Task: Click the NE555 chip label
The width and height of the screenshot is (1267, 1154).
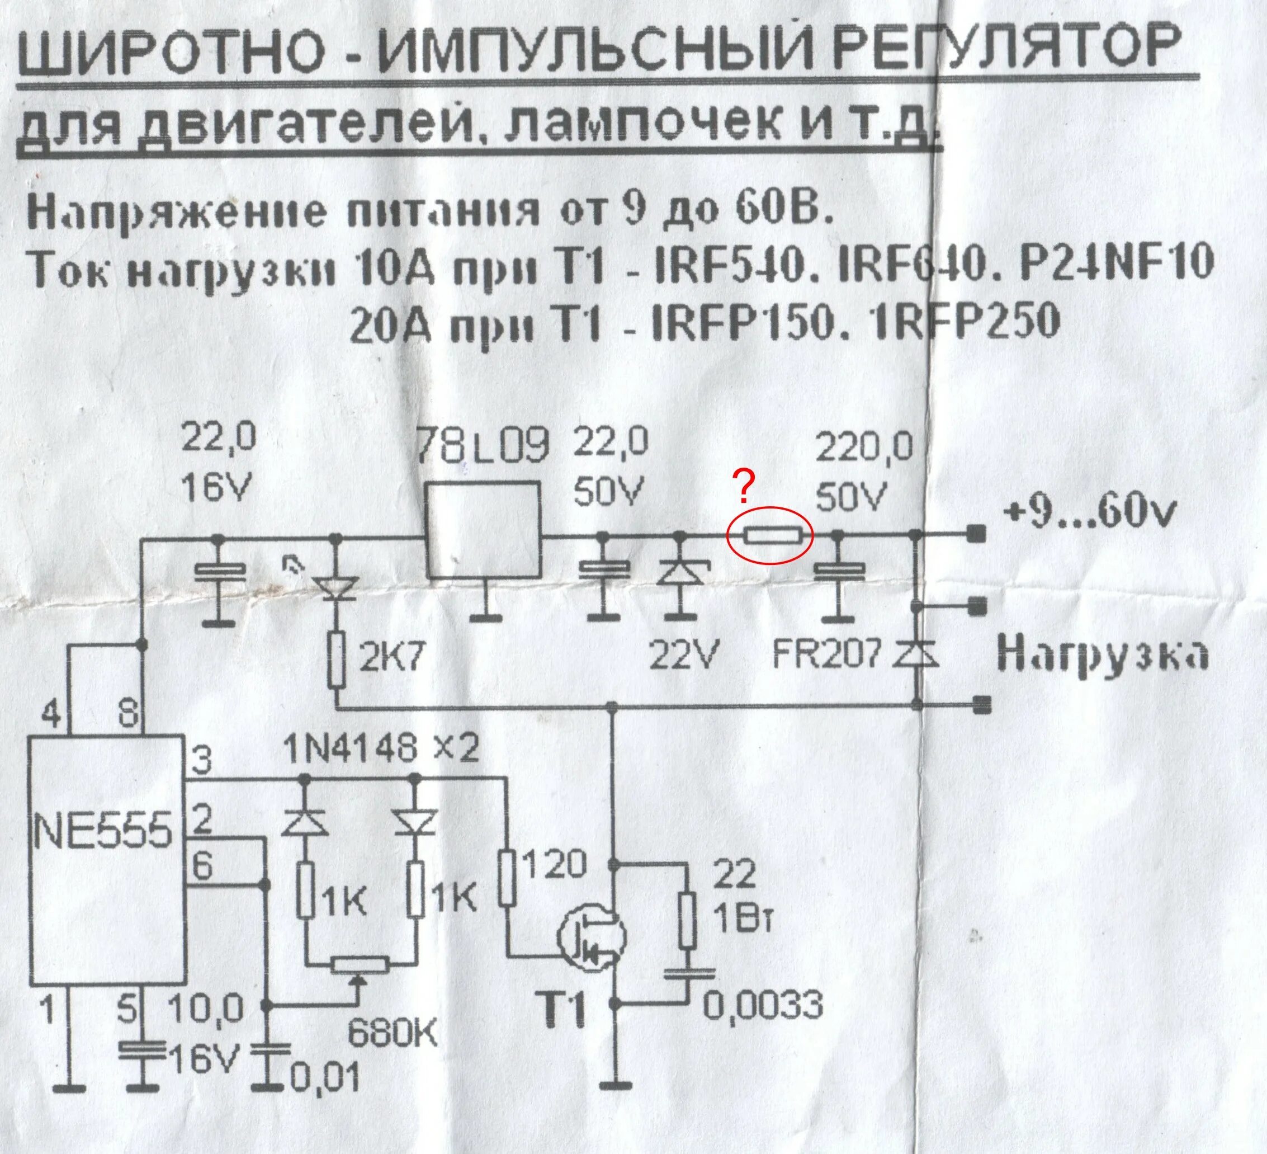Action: coord(102,830)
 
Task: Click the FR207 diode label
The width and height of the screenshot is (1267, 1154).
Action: coord(824,657)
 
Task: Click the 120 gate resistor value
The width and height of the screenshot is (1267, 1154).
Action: coord(553,866)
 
